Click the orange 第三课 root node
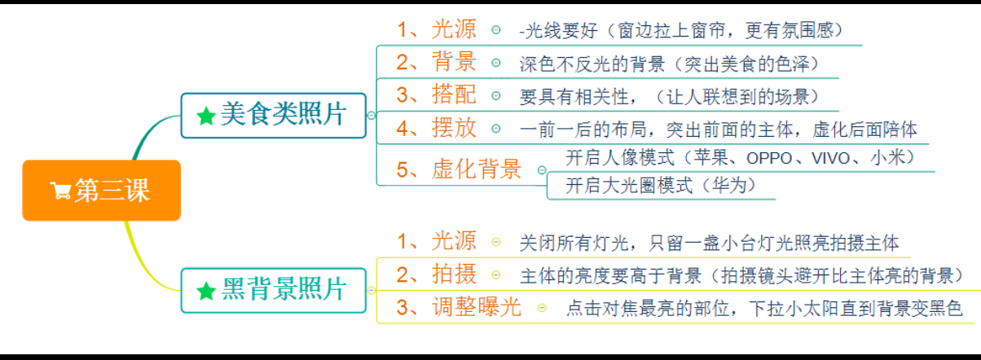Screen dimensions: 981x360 point(101,191)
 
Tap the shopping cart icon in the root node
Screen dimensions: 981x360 point(60,191)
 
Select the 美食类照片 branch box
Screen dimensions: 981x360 point(273,115)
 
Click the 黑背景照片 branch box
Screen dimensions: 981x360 point(273,289)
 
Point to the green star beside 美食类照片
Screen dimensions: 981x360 point(206,116)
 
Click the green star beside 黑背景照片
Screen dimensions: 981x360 point(206,290)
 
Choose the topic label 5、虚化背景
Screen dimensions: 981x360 point(459,169)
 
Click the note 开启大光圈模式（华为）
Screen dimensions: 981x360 point(662,186)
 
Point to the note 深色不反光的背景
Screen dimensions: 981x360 point(669,64)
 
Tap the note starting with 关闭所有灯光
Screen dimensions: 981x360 point(709,243)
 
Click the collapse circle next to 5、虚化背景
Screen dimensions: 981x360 point(542,170)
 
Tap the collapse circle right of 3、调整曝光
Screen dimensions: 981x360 point(541,308)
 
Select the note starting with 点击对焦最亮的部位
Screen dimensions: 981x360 point(764,308)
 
